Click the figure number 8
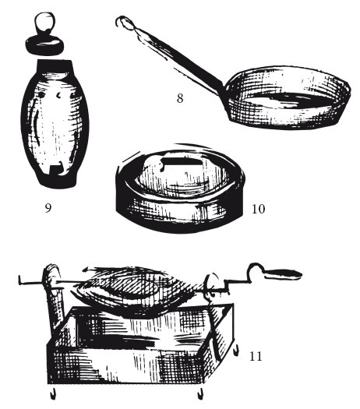pyautogui.click(x=180, y=98)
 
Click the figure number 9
pyautogui.click(x=48, y=208)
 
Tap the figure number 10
pyautogui.click(x=258, y=209)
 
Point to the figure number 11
pyautogui.click(x=256, y=356)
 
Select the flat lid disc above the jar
pyautogui.click(x=44, y=45)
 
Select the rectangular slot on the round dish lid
pyautogui.click(x=181, y=162)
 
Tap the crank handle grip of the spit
pyautogui.click(x=284, y=274)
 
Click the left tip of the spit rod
pyautogui.click(x=19, y=280)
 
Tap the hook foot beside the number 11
pyautogui.click(x=236, y=350)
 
